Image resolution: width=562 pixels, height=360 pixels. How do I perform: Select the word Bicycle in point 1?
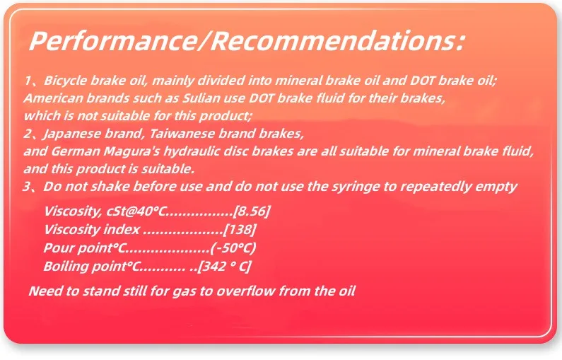click(66, 81)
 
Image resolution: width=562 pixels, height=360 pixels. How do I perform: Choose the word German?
click(76, 151)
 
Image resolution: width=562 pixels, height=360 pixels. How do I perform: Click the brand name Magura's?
click(131, 151)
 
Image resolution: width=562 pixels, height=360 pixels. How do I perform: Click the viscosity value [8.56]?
click(252, 211)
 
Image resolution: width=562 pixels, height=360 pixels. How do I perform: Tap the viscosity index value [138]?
click(240, 229)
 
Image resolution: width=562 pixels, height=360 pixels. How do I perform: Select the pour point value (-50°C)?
click(233, 248)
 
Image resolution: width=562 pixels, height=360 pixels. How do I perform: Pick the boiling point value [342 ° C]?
click(224, 267)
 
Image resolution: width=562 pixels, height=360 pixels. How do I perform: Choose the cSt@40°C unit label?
click(136, 211)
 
